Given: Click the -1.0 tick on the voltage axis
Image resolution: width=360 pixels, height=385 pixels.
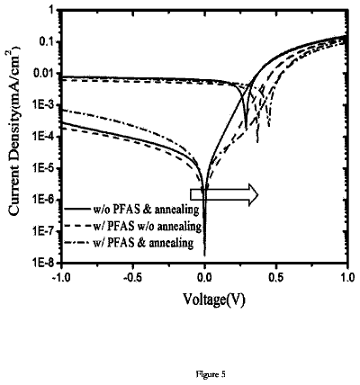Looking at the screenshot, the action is pyautogui.click(x=61, y=277).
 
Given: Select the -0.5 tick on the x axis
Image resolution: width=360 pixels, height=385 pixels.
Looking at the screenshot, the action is pyautogui.click(x=133, y=277).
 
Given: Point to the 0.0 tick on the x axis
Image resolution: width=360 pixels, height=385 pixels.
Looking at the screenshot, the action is pyautogui.click(x=205, y=277).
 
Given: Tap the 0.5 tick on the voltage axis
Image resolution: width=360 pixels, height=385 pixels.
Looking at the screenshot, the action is pyautogui.click(x=276, y=277).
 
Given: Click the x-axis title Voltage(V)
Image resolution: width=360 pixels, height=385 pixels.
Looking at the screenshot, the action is pyautogui.click(x=214, y=300).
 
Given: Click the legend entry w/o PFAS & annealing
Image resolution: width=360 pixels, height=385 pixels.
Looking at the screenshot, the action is pyautogui.click(x=145, y=210).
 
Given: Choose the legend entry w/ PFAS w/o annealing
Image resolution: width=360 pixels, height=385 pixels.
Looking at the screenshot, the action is pyautogui.click(x=146, y=227).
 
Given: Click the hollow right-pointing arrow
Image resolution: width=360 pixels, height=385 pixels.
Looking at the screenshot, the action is pyautogui.click(x=224, y=195).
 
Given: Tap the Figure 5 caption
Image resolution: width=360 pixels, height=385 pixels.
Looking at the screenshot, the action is pyautogui.click(x=211, y=374).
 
